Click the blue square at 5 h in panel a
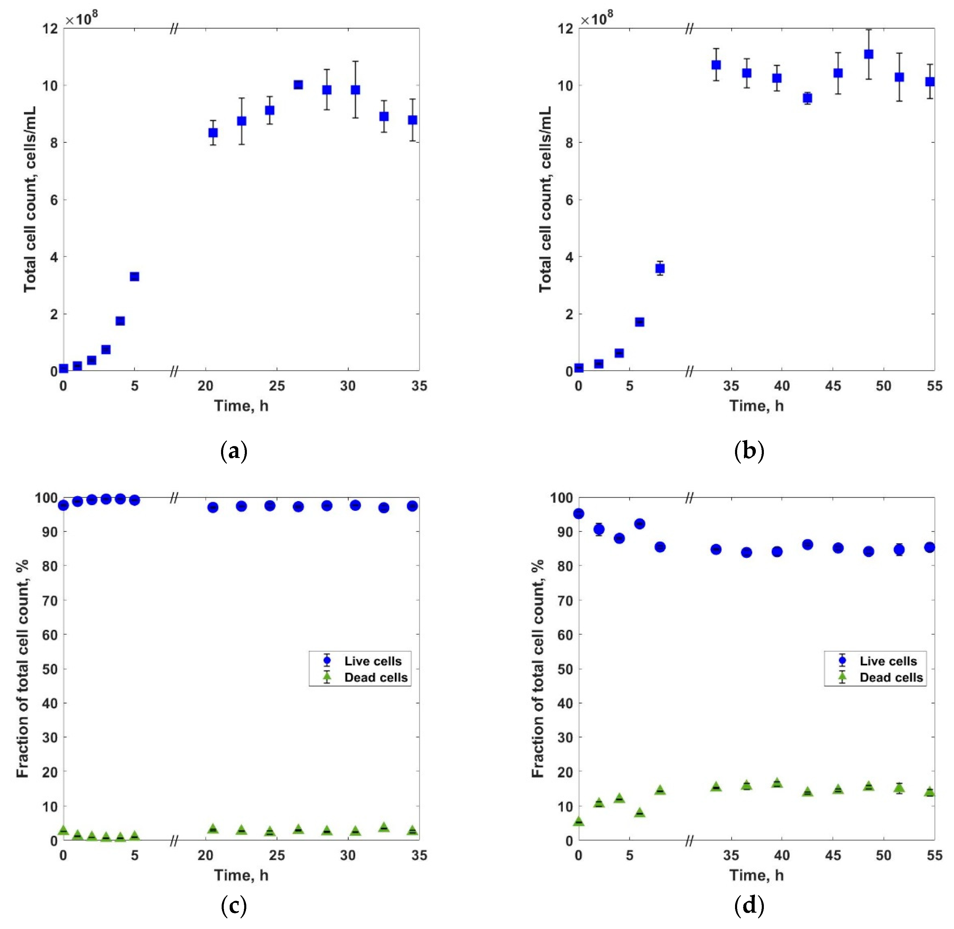click(134, 277)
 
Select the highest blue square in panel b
click(868, 54)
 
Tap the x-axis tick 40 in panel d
click(781, 855)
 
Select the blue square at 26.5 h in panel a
click(298, 85)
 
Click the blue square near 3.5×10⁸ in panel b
click(660, 268)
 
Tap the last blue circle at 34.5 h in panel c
click(412, 506)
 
